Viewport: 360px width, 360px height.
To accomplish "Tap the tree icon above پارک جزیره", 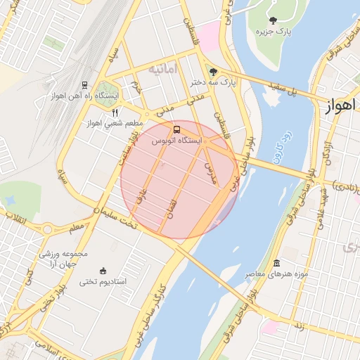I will click(x=273, y=20).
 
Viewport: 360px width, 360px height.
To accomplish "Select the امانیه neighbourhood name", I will click(x=161, y=70).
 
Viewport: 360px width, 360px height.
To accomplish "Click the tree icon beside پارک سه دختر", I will click(x=213, y=72).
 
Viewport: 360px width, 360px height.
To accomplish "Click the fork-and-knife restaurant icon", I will click(x=114, y=112).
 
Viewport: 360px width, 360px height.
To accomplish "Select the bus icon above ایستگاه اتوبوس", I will click(x=176, y=130).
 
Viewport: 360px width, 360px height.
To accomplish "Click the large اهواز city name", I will click(x=342, y=106).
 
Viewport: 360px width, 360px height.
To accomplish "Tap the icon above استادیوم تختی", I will click(x=103, y=271).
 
